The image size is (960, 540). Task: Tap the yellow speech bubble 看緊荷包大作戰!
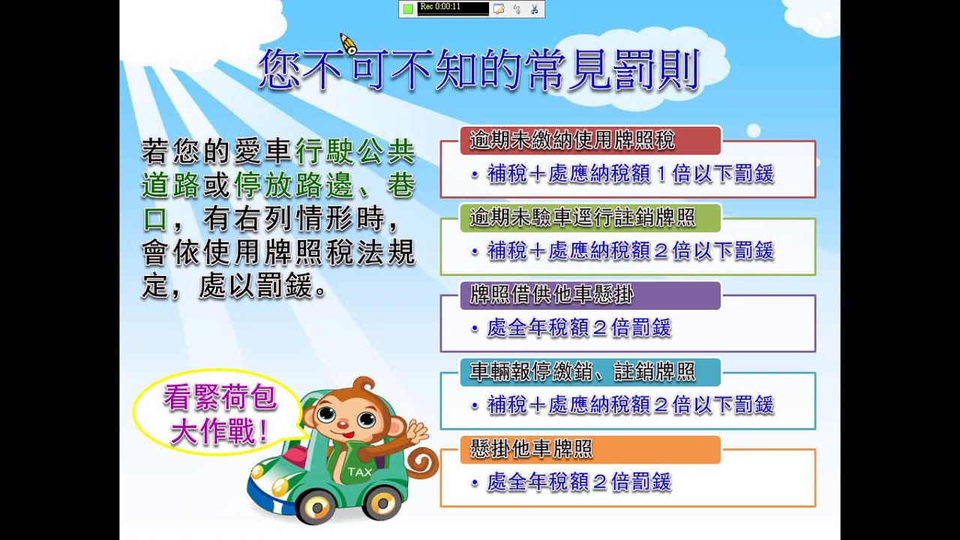[218, 415]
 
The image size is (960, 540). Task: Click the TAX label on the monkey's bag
[359, 472]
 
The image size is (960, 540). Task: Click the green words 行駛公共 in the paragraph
[355, 152]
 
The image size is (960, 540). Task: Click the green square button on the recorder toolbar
[408, 9]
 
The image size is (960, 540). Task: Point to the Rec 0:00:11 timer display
[453, 8]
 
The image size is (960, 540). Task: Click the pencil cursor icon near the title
[347, 43]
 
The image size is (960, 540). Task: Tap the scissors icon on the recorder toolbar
[534, 9]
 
